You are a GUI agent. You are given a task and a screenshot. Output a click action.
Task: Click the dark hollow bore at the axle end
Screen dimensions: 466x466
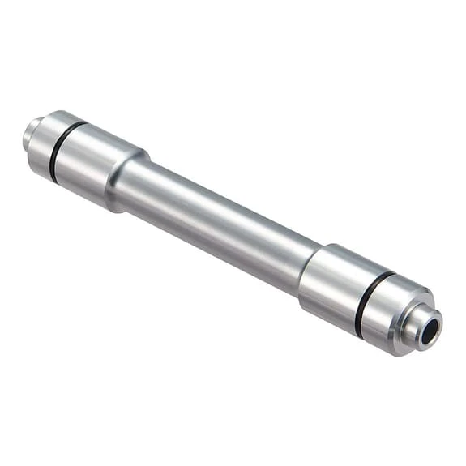(430, 328)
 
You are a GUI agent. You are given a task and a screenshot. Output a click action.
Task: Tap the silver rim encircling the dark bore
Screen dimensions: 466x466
(422, 339)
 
